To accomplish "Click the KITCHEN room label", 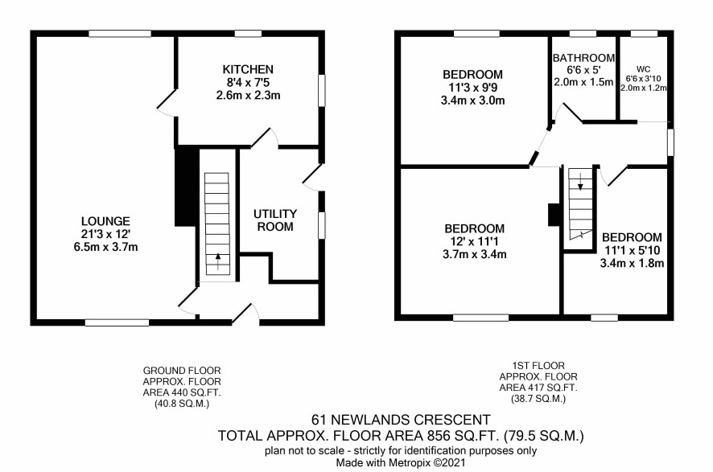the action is point(248,69).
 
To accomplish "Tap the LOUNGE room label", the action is point(105,221).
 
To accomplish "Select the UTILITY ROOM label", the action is point(275,220).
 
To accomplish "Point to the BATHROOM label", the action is point(584,58).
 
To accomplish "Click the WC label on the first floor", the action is point(644,69).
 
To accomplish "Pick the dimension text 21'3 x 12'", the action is point(105,235).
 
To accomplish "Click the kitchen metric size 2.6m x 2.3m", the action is point(248,96).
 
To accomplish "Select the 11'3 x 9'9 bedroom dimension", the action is point(473,88).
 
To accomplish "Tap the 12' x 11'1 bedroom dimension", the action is point(474,242).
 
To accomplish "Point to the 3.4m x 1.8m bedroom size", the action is point(632,263).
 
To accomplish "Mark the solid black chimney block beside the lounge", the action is point(187,187).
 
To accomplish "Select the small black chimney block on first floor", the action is point(554,215).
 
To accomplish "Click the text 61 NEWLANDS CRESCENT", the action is point(401,419).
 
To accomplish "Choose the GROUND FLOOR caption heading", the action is point(182,371).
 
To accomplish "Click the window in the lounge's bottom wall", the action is point(117,322).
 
